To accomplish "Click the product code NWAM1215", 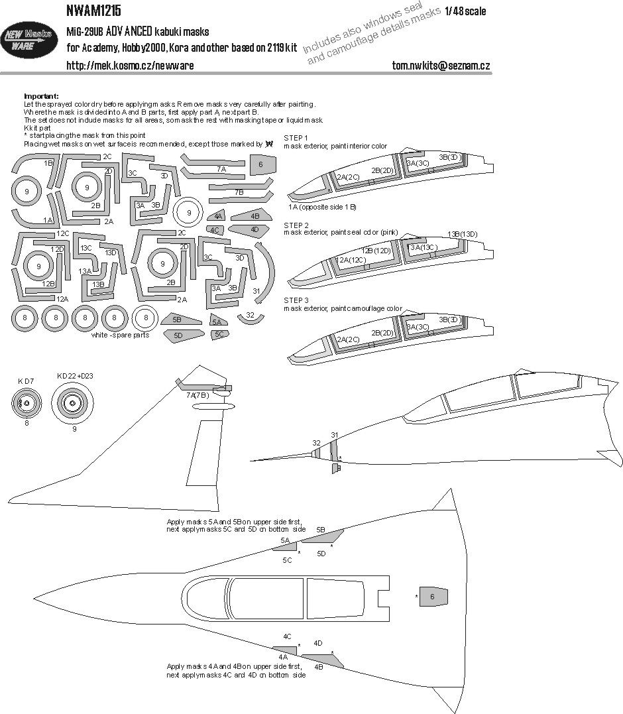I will click(93, 11).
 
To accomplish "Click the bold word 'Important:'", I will click(41, 96).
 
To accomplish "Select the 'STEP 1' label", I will click(296, 137).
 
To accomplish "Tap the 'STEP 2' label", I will click(296, 225).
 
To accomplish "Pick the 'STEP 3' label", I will click(296, 300).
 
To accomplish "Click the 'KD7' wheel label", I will click(26, 382).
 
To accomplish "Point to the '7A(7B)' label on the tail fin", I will click(198, 396).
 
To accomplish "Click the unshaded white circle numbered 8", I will click(146, 318).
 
